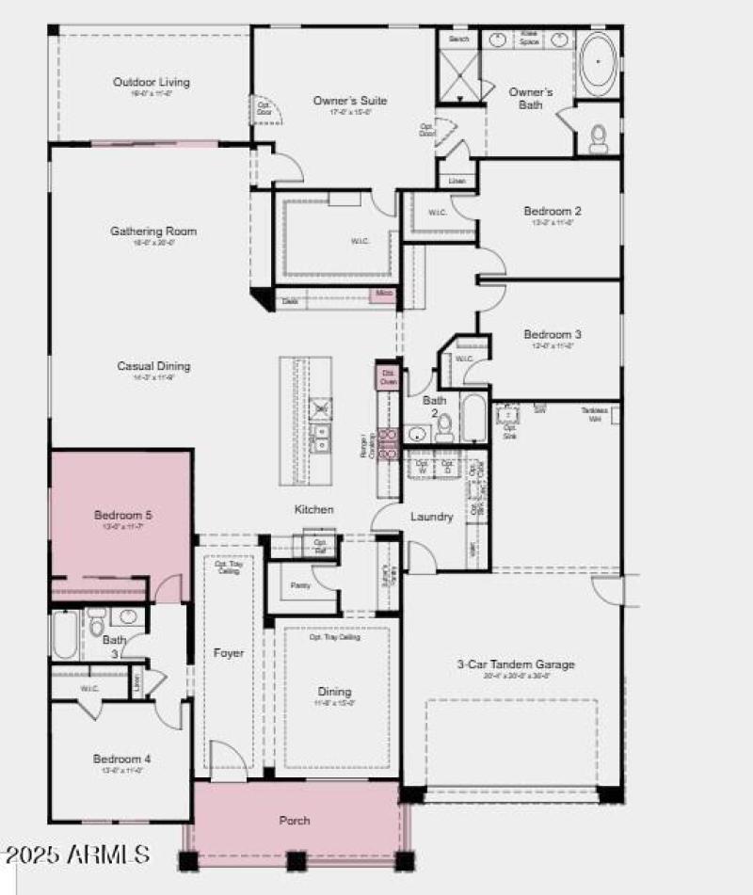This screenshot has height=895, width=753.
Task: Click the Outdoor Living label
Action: (151, 83)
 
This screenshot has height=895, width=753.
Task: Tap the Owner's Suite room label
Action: (350, 101)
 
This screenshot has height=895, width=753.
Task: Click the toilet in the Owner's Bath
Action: (599, 139)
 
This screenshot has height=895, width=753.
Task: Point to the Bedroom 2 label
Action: (553, 212)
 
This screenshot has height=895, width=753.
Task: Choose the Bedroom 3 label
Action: (553, 335)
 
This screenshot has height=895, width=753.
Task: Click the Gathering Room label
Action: (153, 232)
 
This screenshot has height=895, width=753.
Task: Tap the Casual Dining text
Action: (153, 367)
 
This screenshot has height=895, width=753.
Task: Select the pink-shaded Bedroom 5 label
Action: (122, 515)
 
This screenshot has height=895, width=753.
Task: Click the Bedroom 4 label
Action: (121, 759)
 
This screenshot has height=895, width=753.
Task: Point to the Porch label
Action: (295, 821)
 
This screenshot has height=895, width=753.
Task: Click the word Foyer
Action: (229, 653)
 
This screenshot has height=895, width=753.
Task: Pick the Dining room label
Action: (334, 692)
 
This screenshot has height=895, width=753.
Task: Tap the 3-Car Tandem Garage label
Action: (516, 664)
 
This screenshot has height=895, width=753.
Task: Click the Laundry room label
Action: (432, 517)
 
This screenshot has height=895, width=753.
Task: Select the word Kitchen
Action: (313, 509)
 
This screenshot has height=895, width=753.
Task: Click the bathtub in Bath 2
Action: (473, 418)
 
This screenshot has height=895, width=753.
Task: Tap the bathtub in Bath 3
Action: (64, 636)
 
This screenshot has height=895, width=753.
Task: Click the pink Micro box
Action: (383, 295)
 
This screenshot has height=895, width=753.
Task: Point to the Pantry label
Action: (300, 585)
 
